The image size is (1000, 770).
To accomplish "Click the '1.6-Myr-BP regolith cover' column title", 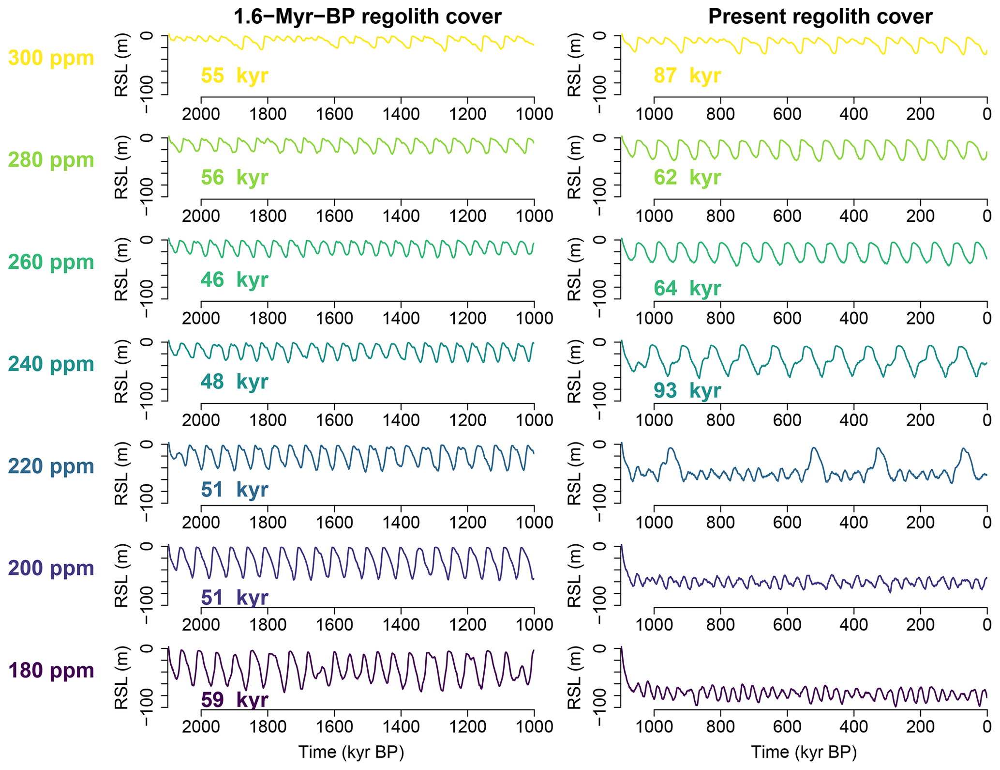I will pos(367,17).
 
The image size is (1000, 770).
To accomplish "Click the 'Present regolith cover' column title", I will pos(820,17).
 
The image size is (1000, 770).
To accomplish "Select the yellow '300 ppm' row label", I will pos(51,58).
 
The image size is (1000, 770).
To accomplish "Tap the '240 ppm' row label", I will pos(51,364).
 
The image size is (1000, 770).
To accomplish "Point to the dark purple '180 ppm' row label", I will pos(51,671).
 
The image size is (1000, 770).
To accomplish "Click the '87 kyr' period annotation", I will pos(687,76).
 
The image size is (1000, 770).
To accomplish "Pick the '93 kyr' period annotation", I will pos(687,391).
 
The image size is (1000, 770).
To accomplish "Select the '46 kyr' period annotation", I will pos(235,280).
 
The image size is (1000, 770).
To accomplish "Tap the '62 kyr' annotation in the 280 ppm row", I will pos(687,178).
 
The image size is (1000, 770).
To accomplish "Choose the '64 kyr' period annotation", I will pos(687,289).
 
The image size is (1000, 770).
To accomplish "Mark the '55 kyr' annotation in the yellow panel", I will pos(235,76).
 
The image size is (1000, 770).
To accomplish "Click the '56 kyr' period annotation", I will pos(235,178).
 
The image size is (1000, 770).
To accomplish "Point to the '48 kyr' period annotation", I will pos(235,382).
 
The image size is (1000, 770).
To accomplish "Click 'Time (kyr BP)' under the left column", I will pos(351,752).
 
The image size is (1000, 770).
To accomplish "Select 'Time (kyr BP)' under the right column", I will pos(804,752).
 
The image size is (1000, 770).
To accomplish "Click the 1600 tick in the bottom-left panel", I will pos(334,727).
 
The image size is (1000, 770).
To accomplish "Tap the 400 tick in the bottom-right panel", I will pos(854,727).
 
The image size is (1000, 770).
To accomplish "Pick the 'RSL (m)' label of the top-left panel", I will pos(121,65).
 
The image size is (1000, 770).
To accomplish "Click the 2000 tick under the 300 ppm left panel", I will pos(201,115).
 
